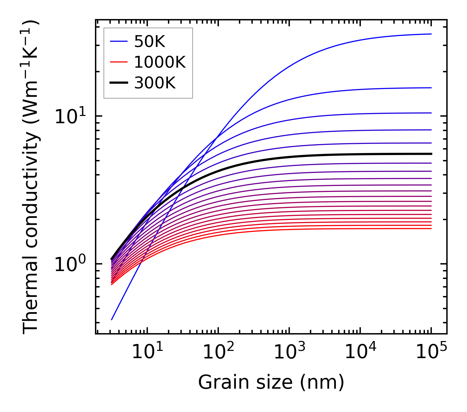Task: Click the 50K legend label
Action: pyautogui.click(x=150, y=42)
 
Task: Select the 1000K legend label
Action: pyautogui.click(x=160, y=62)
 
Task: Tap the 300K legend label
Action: pyautogui.click(x=155, y=83)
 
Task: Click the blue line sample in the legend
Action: pyautogui.click(x=119, y=41)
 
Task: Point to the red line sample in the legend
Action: pyautogui.click(x=119, y=62)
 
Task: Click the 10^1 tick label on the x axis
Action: pyautogui.click(x=147, y=352)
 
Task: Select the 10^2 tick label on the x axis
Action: pyautogui.click(x=218, y=352)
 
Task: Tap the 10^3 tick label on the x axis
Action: pyautogui.click(x=289, y=352)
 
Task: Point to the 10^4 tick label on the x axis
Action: pyautogui.click(x=360, y=352)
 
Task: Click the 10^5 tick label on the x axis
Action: pyautogui.click(x=431, y=352)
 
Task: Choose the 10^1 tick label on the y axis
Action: pyautogui.click(x=70, y=117)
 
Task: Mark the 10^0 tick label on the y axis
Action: pyautogui.click(x=70, y=264)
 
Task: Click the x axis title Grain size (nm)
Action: pyautogui.click(x=271, y=382)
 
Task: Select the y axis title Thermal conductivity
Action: pyautogui.click(x=31, y=177)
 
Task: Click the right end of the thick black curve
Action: pyautogui.click(x=431, y=154)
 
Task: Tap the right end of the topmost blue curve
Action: pyautogui.click(x=431, y=34)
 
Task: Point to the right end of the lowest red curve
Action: pyautogui.click(x=431, y=229)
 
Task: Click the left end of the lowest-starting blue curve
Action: pyautogui.click(x=112, y=320)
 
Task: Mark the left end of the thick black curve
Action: pyautogui.click(x=112, y=259)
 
